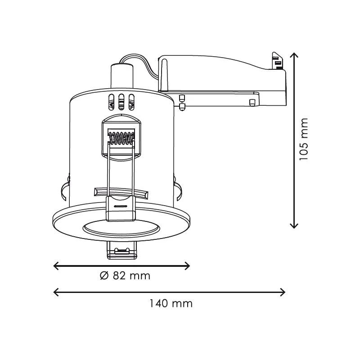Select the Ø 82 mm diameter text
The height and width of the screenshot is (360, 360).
125,276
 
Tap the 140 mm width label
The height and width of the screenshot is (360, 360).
171,303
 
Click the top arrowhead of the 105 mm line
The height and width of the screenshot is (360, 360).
294,55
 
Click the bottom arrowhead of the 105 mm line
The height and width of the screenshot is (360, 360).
294,225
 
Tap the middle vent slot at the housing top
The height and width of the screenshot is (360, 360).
121,102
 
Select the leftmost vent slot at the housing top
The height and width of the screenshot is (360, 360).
111,102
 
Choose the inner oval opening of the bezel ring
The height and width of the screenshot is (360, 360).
121,228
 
